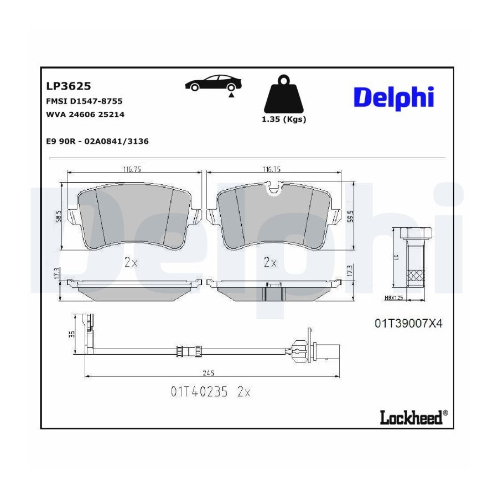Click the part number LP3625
tap(69, 86)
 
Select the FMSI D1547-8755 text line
tap(84, 101)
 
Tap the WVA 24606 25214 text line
tap(85, 115)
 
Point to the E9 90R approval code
tap(61, 141)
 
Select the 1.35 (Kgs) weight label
tap(284, 120)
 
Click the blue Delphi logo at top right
tap(394, 98)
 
